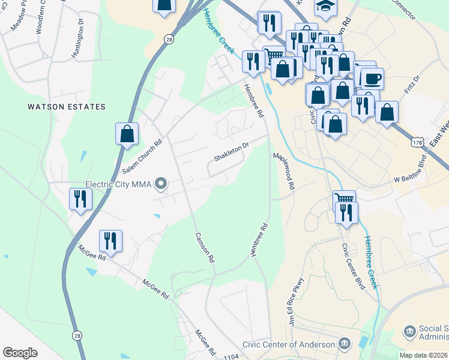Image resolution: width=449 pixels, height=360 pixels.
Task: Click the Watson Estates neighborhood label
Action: tap(67, 107)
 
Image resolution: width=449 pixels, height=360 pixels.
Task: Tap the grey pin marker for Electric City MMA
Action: tap(160, 184)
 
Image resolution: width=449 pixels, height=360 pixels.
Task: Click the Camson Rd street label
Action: tap(205, 249)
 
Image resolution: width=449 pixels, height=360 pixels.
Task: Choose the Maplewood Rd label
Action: tap(284, 171)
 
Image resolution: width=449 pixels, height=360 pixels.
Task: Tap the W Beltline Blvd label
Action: tap(409, 169)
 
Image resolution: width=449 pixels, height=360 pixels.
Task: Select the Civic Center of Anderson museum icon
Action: tap(345, 344)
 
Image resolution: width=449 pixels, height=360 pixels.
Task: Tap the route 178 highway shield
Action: tap(417, 140)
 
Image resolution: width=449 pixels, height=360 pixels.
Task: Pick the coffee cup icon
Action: tap(372, 78)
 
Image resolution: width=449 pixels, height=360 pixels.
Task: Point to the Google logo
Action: tap(20, 353)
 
